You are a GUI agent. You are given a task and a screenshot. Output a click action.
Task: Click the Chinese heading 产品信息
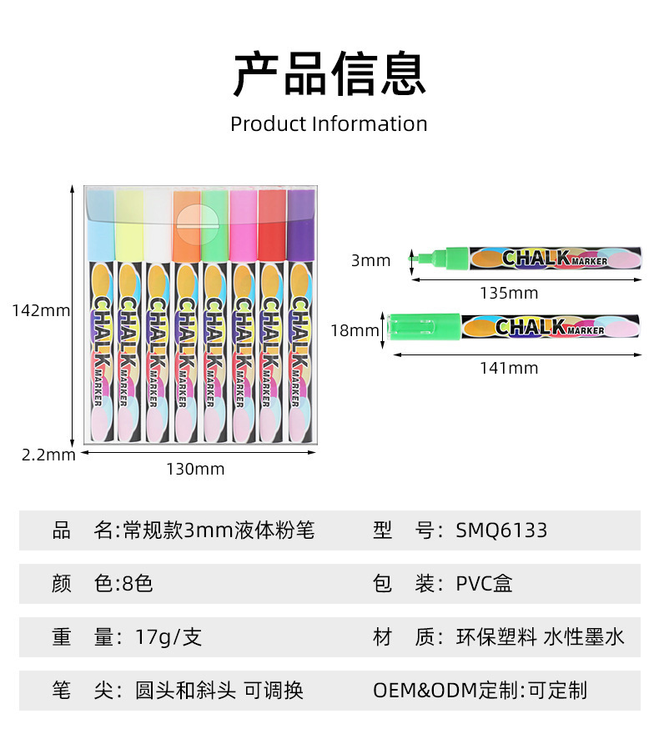point(329,74)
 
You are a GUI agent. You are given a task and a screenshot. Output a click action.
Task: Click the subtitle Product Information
point(329,124)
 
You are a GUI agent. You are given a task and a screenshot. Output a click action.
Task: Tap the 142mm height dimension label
point(41,310)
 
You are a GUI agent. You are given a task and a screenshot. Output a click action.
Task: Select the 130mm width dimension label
point(195,469)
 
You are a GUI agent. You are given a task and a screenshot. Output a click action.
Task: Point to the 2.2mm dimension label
point(48,455)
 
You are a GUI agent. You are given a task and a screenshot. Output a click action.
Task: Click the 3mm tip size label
point(370,261)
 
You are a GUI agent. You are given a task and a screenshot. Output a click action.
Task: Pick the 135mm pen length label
point(509,293)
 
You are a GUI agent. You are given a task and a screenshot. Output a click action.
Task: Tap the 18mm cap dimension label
point(355,330)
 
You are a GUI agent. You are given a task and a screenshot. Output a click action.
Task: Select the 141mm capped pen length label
point(509,368)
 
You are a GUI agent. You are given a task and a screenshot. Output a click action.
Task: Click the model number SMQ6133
point(501,530)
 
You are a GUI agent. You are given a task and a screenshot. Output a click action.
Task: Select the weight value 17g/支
point(169,638)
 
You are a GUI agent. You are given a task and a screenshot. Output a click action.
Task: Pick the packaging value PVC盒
point(484,584)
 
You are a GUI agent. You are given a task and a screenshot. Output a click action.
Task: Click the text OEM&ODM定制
point(445,691)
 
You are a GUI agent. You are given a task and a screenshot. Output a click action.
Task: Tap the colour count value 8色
point(137,584)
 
